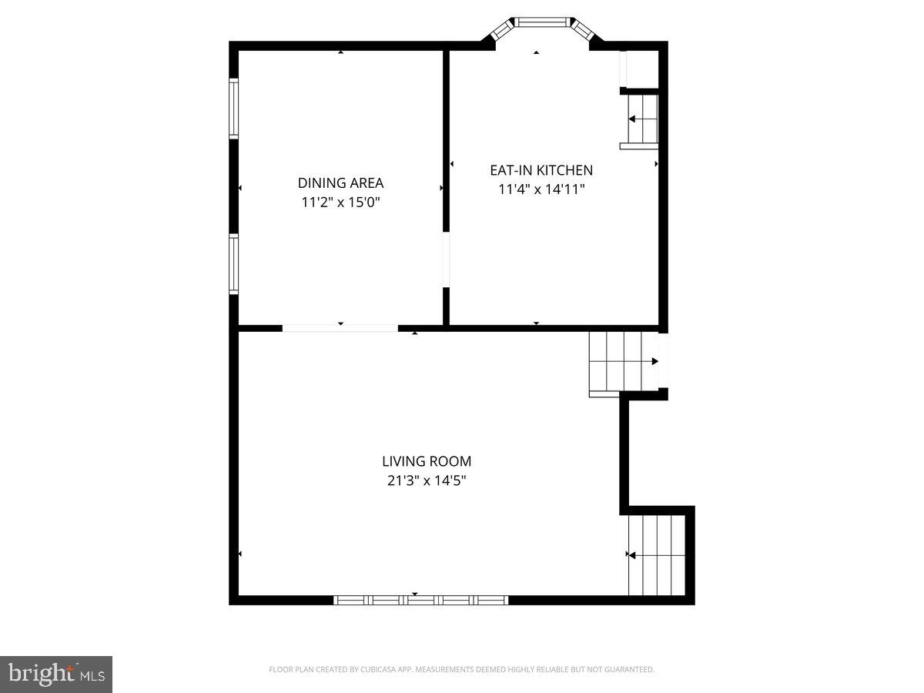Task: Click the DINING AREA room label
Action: pyautogui.click(x=340, y=183)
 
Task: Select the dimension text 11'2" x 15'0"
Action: pyautogui.click(x=340, y=203)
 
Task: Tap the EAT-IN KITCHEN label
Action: pyautogui.click(x=541, y=170)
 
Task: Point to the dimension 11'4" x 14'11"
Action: pyautogui.click(x=541, y=189)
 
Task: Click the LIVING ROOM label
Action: pyautogui.click(x=427, y=461)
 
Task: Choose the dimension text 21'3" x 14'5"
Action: pyautogui.click(x=427, y=480)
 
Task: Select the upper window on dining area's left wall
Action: pyautogui.click(x=233, y=109)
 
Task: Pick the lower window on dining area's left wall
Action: pyautogui.click(x=233, y=264)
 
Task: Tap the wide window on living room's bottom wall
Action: pyautogui.click(x=420, y=600)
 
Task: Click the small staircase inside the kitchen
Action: pyautogui.click(x=642, y=119)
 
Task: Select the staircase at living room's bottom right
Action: pyautogui.click(x=656, y=554)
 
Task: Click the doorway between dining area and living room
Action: pyautogui.click(x=340, y=328)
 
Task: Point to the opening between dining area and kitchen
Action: pyautogui.click(x=446, y=259)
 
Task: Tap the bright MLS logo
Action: pyautogui.click(x=56, y=674)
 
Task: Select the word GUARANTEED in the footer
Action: pyautogui.click(x=628, y=670)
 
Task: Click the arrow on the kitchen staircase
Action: pyautogui.click(x=633, y=119)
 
